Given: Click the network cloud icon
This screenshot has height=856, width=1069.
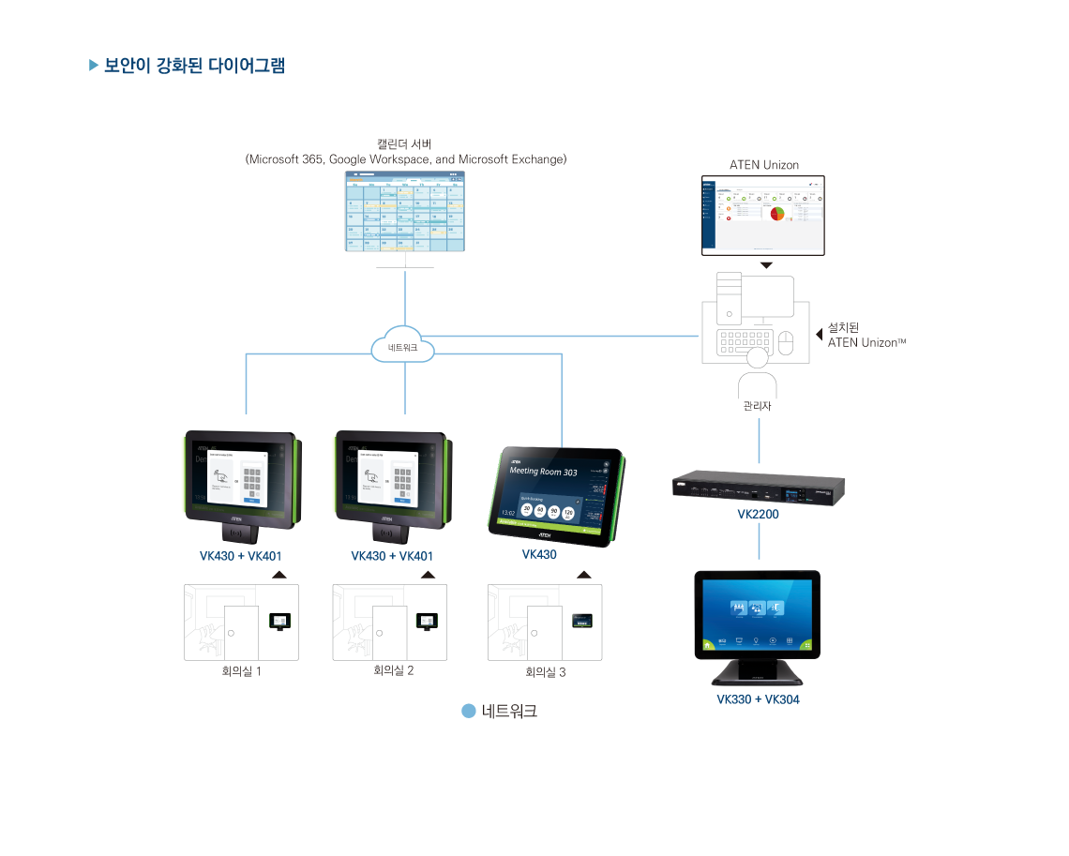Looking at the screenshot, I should click(404, 347).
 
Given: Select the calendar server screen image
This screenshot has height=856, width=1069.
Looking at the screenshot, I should click(405, 212).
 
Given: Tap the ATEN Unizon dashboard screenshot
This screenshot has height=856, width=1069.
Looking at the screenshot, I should click(763, 214).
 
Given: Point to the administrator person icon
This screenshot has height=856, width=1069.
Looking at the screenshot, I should click(758, 375).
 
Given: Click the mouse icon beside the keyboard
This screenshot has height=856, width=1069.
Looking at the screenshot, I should click(785, 343).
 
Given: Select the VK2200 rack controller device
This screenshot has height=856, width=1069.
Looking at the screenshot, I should click(758, 488).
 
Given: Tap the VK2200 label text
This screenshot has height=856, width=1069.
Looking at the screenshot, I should click(758, 515).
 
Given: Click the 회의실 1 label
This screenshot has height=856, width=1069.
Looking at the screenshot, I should click(240, 671).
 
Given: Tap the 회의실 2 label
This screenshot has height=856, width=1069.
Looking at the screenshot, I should click(393, 670).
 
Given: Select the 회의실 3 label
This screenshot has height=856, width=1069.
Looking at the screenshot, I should click(545, 672).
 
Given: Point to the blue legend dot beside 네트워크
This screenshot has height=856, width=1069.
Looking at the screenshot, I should click(469, 712).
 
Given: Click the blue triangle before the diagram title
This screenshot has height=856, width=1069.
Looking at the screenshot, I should click(94, 66).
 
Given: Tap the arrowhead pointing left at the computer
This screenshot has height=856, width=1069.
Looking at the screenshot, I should click(820, 333).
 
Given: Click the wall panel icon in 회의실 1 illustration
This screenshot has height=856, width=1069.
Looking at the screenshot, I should click(279, 622).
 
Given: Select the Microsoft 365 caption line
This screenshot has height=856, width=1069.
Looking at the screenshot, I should click(405, 159).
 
